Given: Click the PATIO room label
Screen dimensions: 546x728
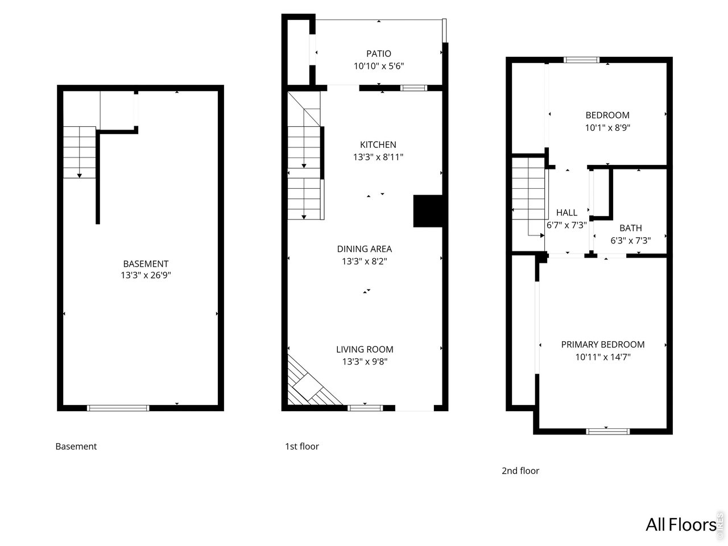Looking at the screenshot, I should [378, 53].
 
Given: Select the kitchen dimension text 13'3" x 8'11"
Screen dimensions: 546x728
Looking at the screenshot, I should [378, 157].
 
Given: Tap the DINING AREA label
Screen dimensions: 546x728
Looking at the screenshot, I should [364, 249].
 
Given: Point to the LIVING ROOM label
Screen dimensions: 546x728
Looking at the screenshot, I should [364, 349].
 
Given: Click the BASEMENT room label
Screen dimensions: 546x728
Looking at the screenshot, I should [146, 263].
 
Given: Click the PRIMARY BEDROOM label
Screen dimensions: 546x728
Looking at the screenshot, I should [602, 344].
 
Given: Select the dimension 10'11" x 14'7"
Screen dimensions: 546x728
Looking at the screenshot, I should [602, 357].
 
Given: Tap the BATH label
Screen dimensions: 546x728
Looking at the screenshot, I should [630, 228].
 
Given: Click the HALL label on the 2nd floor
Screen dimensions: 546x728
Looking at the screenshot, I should [566, 213].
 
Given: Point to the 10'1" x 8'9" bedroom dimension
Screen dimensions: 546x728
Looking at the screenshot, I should [607, 128].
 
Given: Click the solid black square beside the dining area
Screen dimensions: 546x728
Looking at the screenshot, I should [427, 212].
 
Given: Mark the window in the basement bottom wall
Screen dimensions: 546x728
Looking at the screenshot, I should [118, 407].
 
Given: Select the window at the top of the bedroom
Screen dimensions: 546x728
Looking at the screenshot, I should [581, 60].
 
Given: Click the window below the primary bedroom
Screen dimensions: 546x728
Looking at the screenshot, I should [607, 431].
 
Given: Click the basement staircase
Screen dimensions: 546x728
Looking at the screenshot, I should [79, 152].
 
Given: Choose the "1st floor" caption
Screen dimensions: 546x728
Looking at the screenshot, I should [301, 446].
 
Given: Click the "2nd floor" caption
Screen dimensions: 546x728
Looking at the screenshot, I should [520, 470].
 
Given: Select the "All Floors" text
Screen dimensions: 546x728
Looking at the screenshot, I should [680, 524].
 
